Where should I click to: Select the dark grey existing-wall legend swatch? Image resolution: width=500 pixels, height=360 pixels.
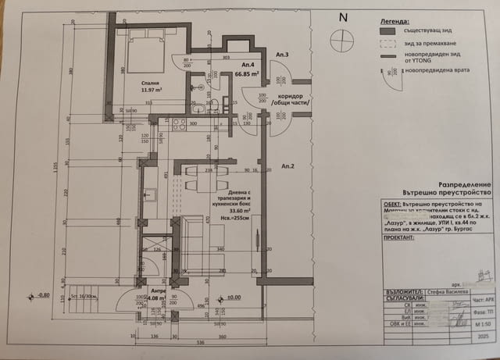coord(386,30)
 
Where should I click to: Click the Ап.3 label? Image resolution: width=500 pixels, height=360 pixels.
coord(282,55)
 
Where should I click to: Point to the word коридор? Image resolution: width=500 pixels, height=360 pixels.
coord(290,95)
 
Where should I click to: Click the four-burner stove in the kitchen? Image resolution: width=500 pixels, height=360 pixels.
coord(177,123)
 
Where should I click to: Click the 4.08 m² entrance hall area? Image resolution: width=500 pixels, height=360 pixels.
coord(155,298)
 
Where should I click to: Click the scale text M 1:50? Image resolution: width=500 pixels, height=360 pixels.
coord(478,323)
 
